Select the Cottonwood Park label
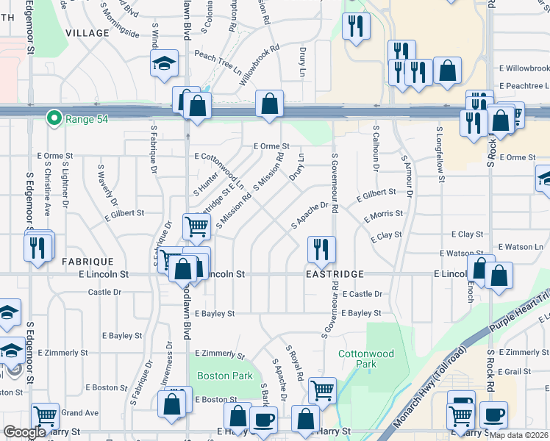click(366, 359)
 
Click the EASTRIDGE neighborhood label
click(335, 274)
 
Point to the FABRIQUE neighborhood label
click(87, 262)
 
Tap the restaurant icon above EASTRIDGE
click(321, 251)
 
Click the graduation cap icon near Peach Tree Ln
click(165, 64)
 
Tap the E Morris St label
click(384, 215)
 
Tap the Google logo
click(24, 432)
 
